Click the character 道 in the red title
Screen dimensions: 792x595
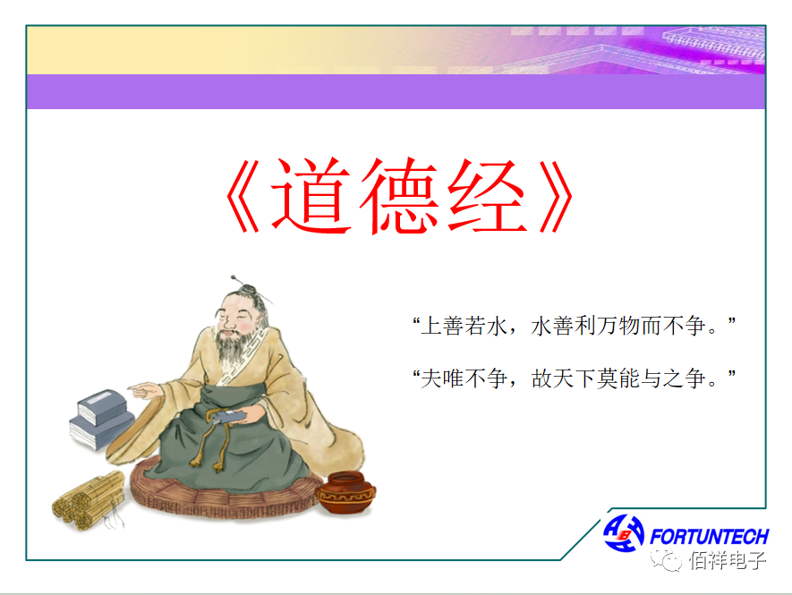pyautogui.click(x=311, y=195)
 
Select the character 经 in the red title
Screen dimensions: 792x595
pyautogui.click(x=488, y=196)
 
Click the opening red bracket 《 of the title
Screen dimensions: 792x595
pyautogui.click(x=243, y=196)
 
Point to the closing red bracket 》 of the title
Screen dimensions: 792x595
pyautogui.click(x=556, y=196)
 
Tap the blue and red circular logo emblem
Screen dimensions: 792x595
pyautogui.click(x=623, y=533)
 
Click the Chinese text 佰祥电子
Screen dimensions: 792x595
pyautogui.click(x=728, y=560)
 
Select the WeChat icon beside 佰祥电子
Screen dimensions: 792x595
pyautogui.click(x=666, y=560)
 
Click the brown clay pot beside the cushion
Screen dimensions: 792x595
pyautogui.click(x=345, y=492)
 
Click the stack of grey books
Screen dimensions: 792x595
pyautogui.click(x=101, y=420)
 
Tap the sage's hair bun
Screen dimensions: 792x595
pyautogui.click(x=249, y=291)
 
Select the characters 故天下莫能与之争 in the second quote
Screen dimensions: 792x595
pyautogui.click(x=617, y=378)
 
